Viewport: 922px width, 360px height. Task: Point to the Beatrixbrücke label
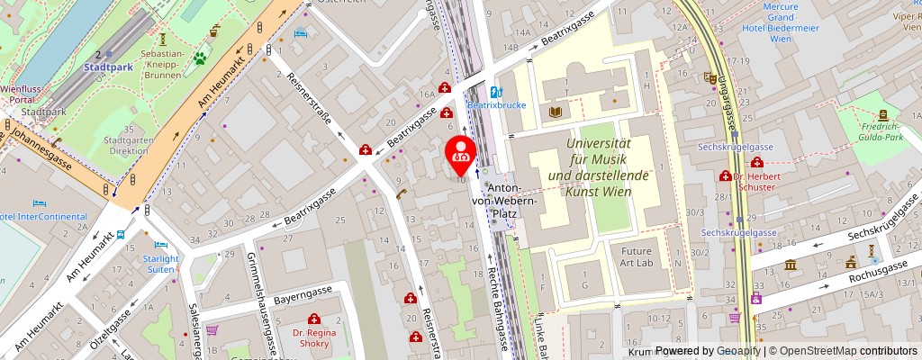click(x=490, y=105)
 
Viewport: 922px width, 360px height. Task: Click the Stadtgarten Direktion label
click(x=126, y=146)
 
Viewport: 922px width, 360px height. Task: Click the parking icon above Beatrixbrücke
click(x=494, y=90)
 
